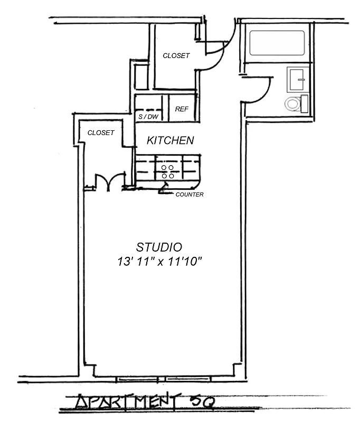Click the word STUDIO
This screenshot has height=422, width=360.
[x=159, y=247]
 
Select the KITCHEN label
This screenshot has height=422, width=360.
[x=170, y=140]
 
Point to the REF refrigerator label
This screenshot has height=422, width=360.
[x=182, y=109]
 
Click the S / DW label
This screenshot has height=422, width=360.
[x=148, y=117]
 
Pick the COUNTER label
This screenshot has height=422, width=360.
[x=190, y=195]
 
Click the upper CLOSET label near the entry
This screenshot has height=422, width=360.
[x=176, y=55]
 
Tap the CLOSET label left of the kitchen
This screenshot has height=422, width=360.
[x=101, y=133]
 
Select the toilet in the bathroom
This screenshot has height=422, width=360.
[x=296, y=103]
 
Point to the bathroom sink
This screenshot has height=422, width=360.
[x=297, y=80]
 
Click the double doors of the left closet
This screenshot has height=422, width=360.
[x=108, y=182]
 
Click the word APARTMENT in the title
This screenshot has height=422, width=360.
[x=127, y=403]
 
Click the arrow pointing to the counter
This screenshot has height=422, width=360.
[x=165, y=189]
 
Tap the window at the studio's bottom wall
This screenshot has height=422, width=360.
[x=164, y=379]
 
